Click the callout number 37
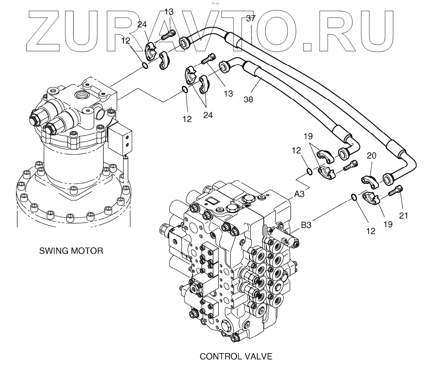coord(250,19)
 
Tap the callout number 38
coord(249,99)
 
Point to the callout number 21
coord(404,214)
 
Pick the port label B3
coord(307,225)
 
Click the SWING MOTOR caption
coord(71,251)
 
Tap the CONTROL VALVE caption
coord(236,357)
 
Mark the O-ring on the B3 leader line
coord(354,197)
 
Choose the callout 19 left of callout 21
coord(388,224)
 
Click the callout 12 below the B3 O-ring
coord(370,232)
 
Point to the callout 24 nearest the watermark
coord(142,25)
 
